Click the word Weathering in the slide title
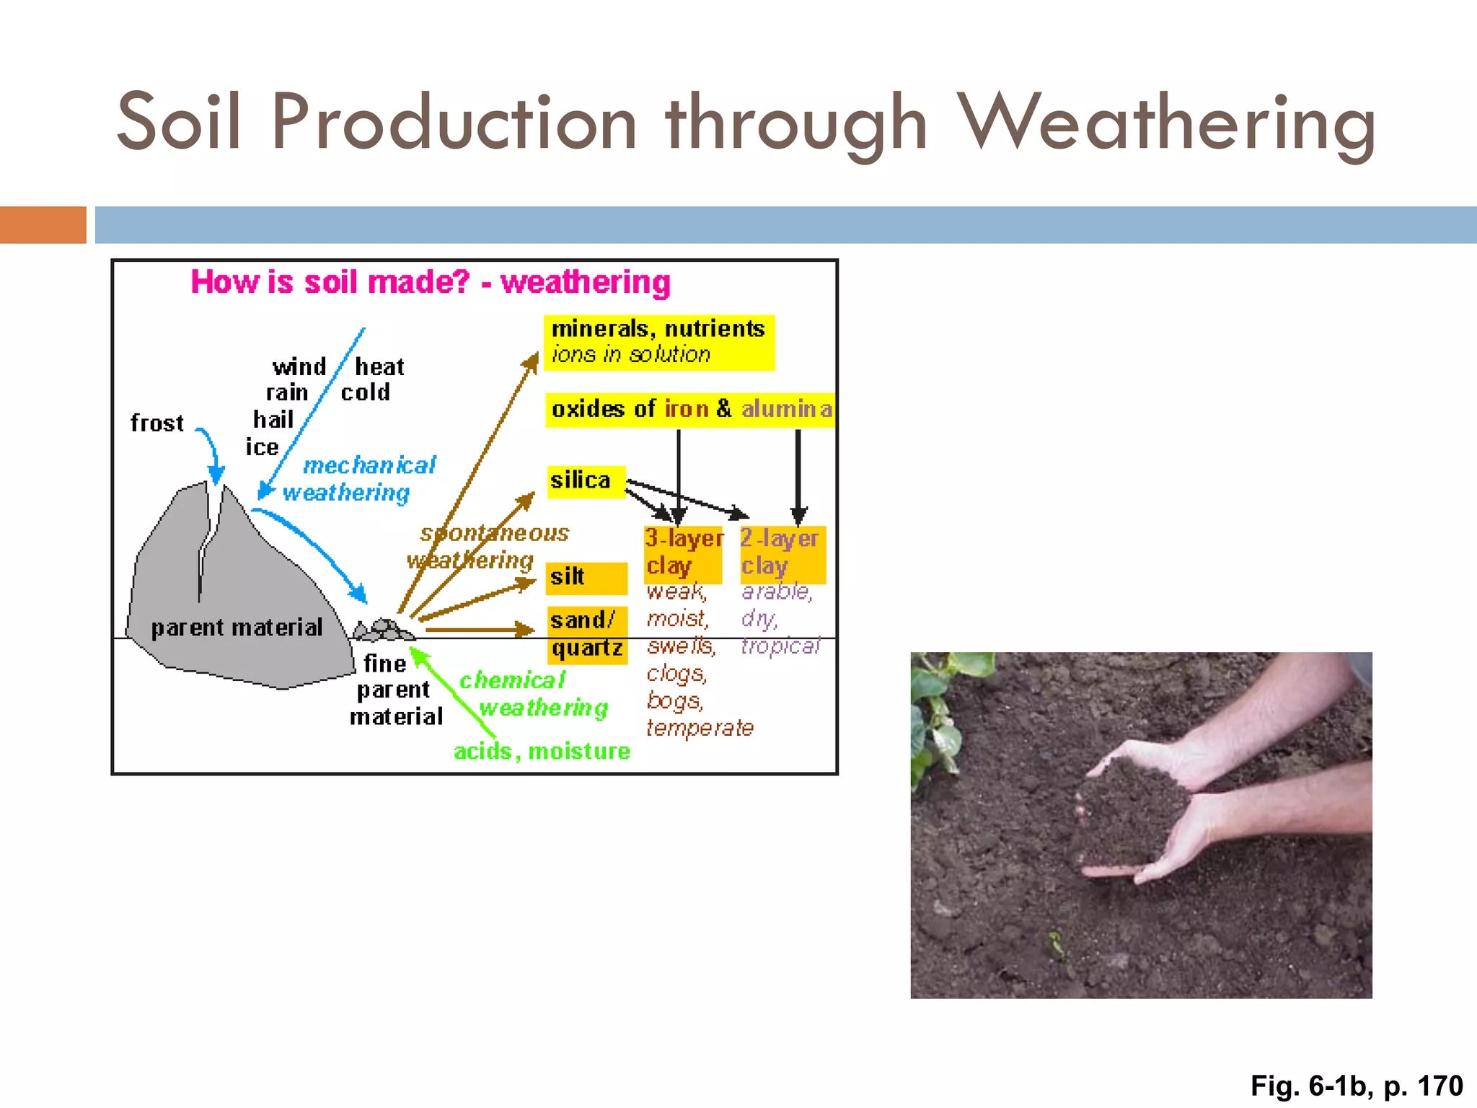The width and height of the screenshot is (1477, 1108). (1168, 123)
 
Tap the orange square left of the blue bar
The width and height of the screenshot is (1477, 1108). (43, 225)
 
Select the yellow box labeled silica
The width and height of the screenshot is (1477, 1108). (585, 481)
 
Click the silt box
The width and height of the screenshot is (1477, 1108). (586, 578)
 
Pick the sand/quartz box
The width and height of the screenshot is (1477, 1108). (586, 634)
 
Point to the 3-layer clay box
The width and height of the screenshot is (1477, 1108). (682, 553)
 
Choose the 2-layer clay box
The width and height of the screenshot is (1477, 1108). (782, 553)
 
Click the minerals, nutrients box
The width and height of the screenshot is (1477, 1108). (658, 342)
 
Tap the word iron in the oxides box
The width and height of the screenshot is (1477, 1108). (687, 409)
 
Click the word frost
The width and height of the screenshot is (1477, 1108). (157, 423)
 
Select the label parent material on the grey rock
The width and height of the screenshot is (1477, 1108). (237, 628)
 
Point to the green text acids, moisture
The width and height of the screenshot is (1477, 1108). (542, 752)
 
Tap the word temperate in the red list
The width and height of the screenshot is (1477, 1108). (700, 729)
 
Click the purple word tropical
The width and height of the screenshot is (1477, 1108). (780, 646)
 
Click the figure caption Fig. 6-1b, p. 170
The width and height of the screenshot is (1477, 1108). (1356, 1086)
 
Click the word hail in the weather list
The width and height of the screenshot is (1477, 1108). (273, 420)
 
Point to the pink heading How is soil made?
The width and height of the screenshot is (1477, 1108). (330, 282)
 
